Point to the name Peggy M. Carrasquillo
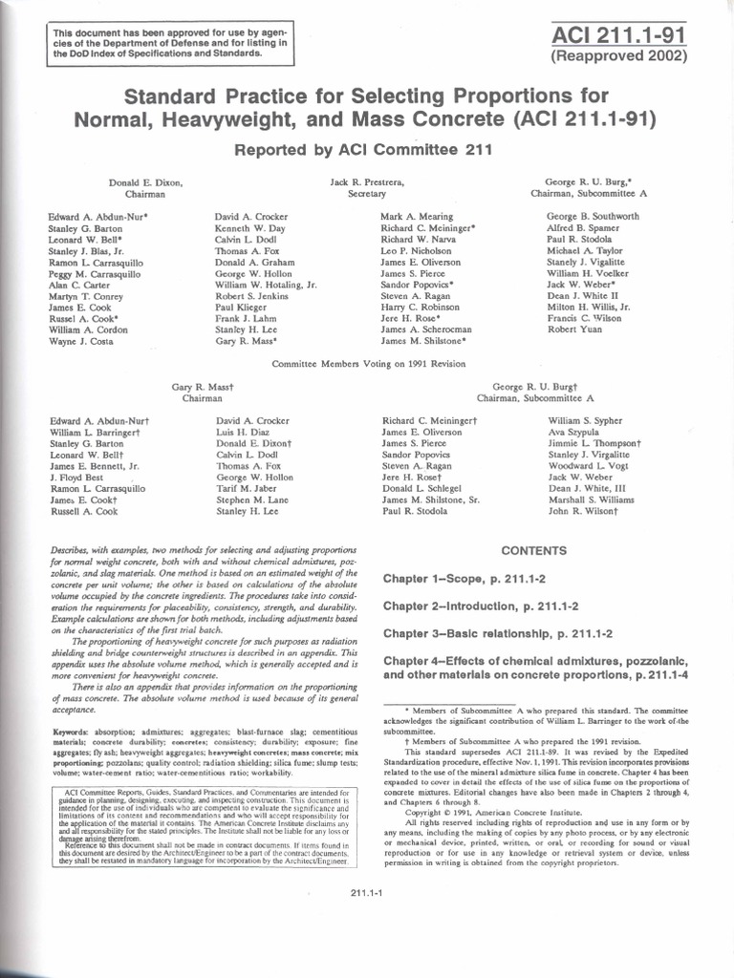[95, 273]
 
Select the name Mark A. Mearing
[417, 217]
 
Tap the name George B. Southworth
[594, 217]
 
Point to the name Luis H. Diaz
[246, 432]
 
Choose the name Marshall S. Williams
[593, 500]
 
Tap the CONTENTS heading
[534, 551]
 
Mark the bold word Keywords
[74, 732]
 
